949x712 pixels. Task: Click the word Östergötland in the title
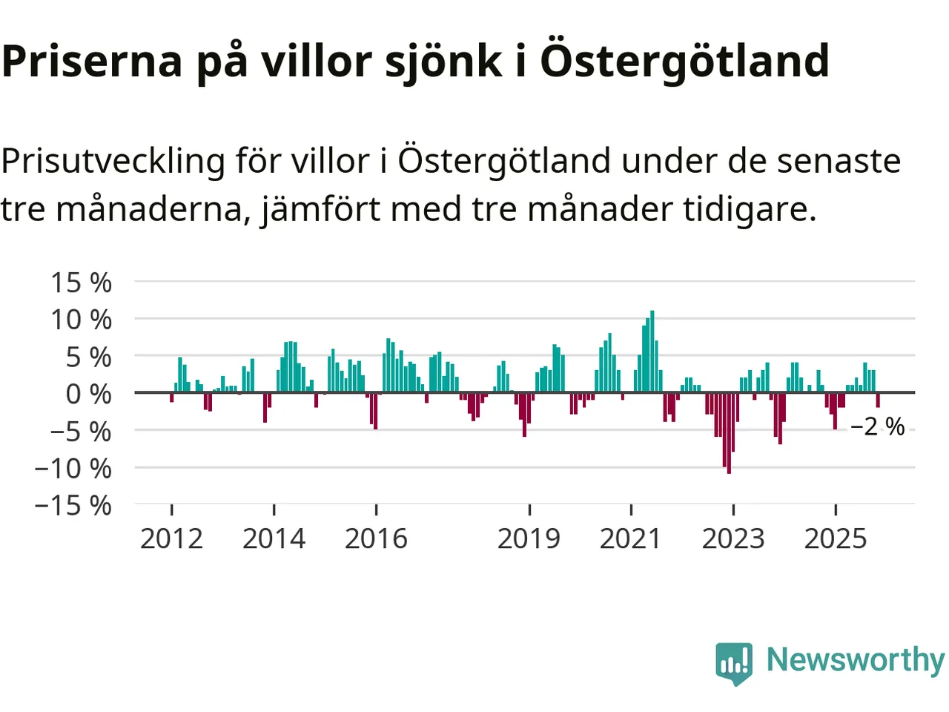(684, 61)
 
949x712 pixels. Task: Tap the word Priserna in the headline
(92, 61)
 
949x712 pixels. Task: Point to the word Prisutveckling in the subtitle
(113, 161)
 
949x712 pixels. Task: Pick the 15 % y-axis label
(81, 283)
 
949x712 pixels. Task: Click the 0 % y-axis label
(88, 394)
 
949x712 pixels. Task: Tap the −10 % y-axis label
(73, 469)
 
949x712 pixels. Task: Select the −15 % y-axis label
(73, 506)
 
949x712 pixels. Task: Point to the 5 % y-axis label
(88, 357)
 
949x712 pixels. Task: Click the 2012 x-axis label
(171, 538)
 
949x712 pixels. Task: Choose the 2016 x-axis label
(376, 538)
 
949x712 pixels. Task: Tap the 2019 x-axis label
(529, 538)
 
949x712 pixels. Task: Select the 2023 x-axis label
(733, 538)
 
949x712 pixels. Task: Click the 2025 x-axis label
(836, 538)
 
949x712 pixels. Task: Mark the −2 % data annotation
(877, 426)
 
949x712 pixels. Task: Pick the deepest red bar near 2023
(729, 433)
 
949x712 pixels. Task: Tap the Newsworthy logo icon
(734, 662)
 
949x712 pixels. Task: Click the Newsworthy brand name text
(855, 659)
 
